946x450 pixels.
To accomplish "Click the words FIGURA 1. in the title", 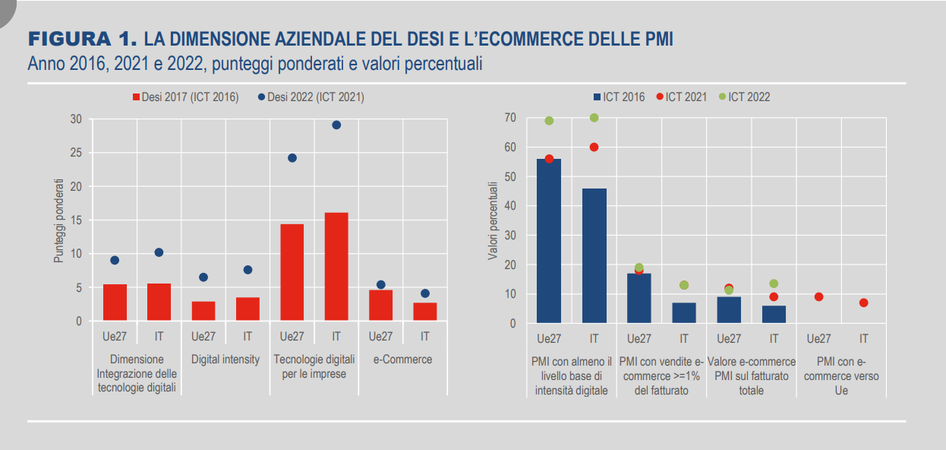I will [x=82, y=39].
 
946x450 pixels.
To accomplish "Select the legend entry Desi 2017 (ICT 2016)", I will [x=186, y=97].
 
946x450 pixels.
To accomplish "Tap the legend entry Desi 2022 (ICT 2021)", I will [x=311, y=97].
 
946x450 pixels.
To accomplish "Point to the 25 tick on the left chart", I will [x=75, y=153].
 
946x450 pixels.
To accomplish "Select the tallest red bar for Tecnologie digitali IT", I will [x=336, y=266].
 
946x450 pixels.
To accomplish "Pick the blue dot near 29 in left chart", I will [x=336, y=125].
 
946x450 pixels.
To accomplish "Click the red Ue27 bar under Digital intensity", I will [x=203, y=311].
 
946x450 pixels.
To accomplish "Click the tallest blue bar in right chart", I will [x=549, y=241].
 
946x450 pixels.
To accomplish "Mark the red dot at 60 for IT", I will [x=594, y=147].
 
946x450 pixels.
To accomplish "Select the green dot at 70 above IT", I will [x=594, y=118].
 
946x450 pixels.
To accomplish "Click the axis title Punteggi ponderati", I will [x=58, y=221].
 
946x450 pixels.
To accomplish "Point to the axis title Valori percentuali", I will [x=493, y=221].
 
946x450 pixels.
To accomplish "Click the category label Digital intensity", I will [x=225, y=359].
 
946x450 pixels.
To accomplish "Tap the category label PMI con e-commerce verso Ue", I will [x=840, y=376].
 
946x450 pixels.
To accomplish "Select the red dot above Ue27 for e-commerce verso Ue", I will [x=818, y=297].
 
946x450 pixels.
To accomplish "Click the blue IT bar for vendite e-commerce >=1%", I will [x=684, y=312].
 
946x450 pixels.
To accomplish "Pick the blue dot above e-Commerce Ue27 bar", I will [x=381, y=285].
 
